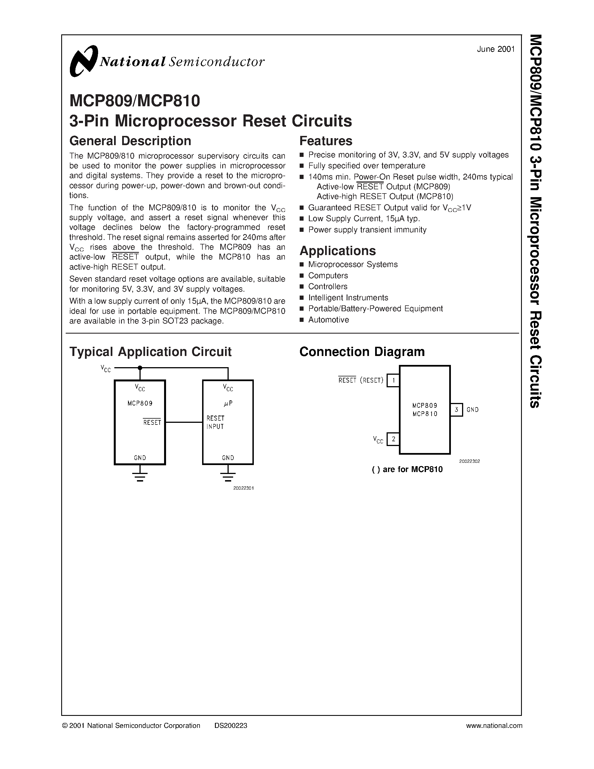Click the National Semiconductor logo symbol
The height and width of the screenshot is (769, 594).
click(84, 61)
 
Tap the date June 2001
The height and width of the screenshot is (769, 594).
click(496, 49)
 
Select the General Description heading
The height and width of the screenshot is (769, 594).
click(130, 141)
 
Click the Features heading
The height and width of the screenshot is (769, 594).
click(325, 141)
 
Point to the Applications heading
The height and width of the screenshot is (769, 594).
click(337, 251)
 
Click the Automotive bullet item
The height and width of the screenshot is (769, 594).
click(328, 320)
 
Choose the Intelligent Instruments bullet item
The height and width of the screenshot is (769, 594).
click(348, 298)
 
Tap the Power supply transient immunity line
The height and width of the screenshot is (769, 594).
click(367, 230)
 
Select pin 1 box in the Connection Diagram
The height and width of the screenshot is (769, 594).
click(393, 380)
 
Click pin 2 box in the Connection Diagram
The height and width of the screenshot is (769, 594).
click(393, 439)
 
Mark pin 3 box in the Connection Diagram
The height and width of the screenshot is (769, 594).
click(456, 409)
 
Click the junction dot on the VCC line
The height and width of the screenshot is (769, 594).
click(140, 368)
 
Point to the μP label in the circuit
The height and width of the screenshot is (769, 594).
click(228, 404)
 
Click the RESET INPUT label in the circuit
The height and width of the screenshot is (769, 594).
click(215, 422)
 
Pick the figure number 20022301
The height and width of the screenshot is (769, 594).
click(243, 488)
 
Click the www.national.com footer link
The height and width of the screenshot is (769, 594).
click(494, 726)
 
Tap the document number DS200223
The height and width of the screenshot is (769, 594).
click(231, 726)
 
